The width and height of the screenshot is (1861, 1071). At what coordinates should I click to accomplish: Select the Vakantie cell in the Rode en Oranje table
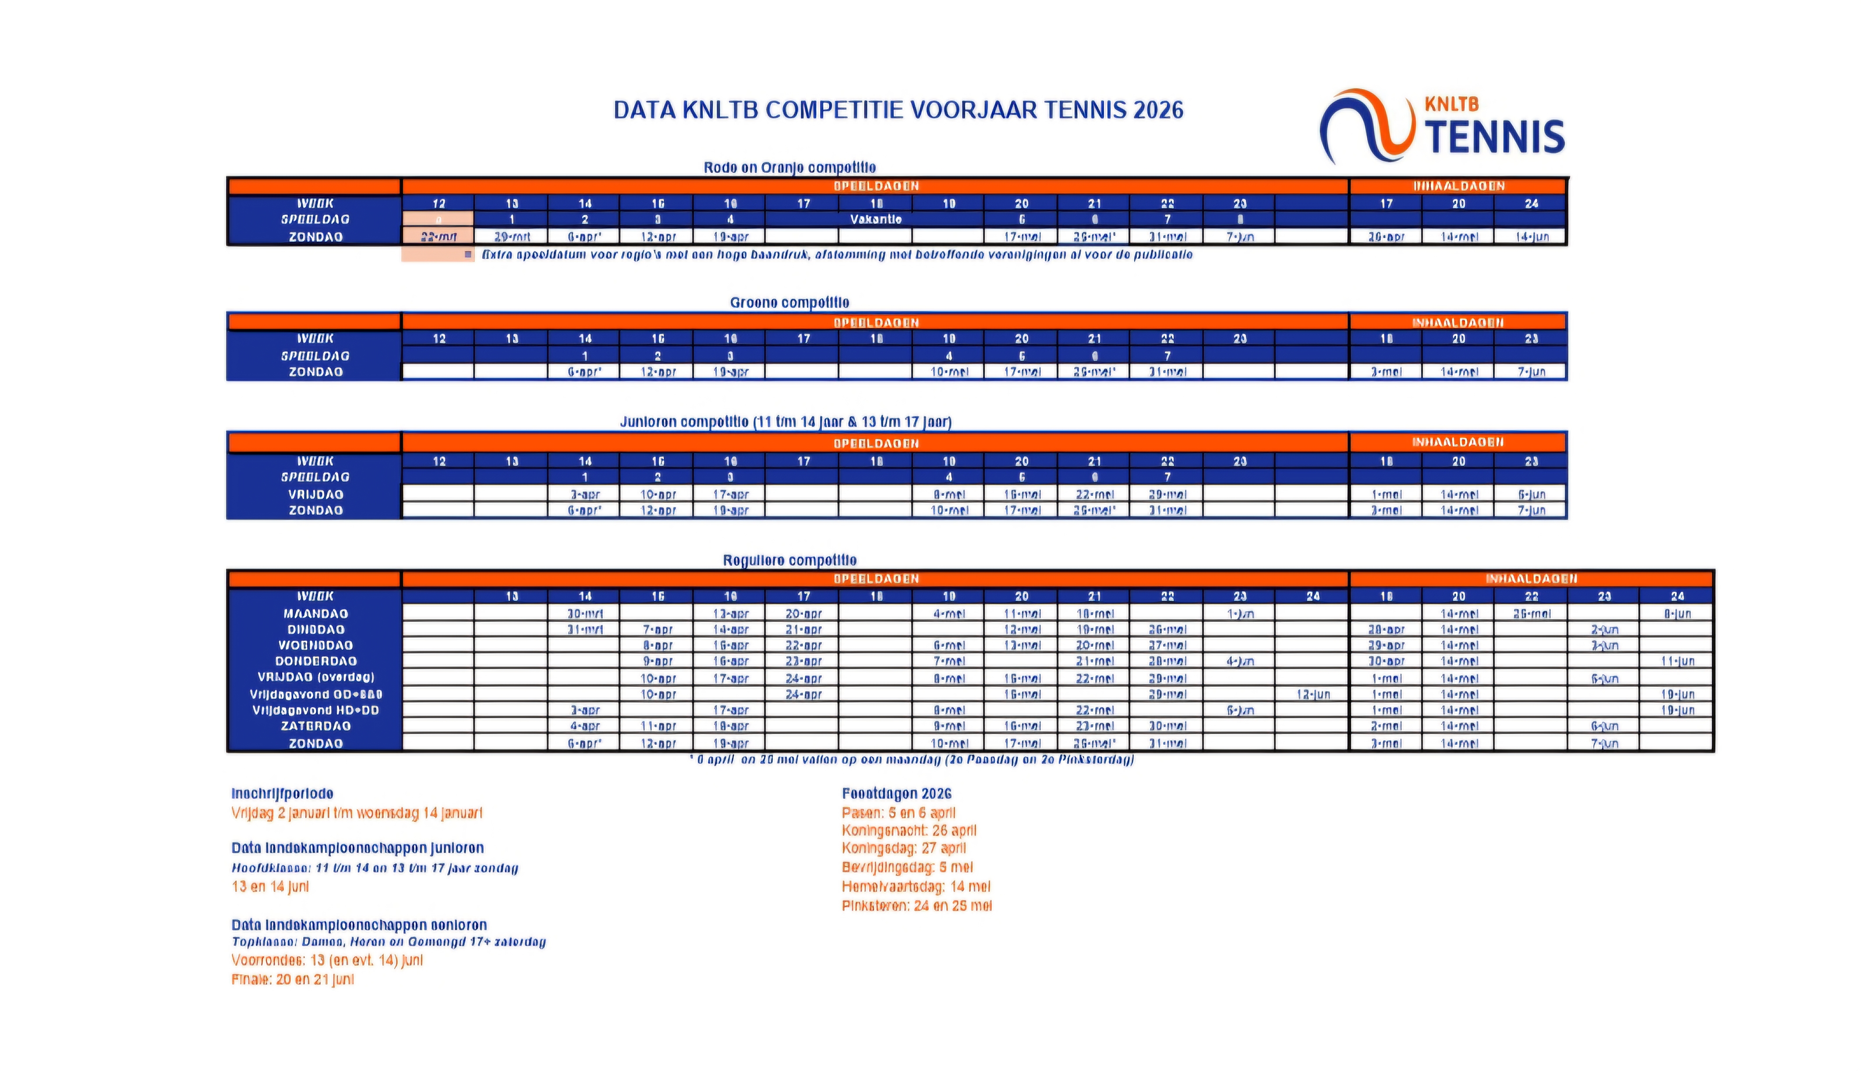click(x=875, y=219)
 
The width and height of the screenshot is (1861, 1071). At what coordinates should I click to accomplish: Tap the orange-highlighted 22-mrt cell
click(x=438, y=237)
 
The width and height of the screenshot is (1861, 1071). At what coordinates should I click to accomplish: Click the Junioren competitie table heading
click(x=785, y=422)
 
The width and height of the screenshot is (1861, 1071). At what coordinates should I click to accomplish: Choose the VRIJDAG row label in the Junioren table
click(x=315, y=494)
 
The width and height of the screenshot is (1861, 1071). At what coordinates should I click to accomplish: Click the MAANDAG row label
click(x=315, y=614)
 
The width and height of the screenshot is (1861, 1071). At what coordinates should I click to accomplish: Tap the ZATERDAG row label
click(x=315, y=726)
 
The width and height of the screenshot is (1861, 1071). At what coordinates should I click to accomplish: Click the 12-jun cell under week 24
click(x=1313, y=695)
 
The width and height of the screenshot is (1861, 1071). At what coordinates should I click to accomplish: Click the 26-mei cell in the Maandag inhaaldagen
click(x=1532, y=614)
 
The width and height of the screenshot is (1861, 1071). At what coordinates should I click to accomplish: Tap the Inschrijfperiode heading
click(x=283, y=794)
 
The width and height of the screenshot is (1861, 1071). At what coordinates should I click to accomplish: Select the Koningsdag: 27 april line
click(x=904, y=848)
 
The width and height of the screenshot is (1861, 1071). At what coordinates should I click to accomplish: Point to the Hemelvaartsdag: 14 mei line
click(x=916, y=887)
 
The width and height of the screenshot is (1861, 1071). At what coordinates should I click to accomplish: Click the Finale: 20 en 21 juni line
click(x=293, y=980)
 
